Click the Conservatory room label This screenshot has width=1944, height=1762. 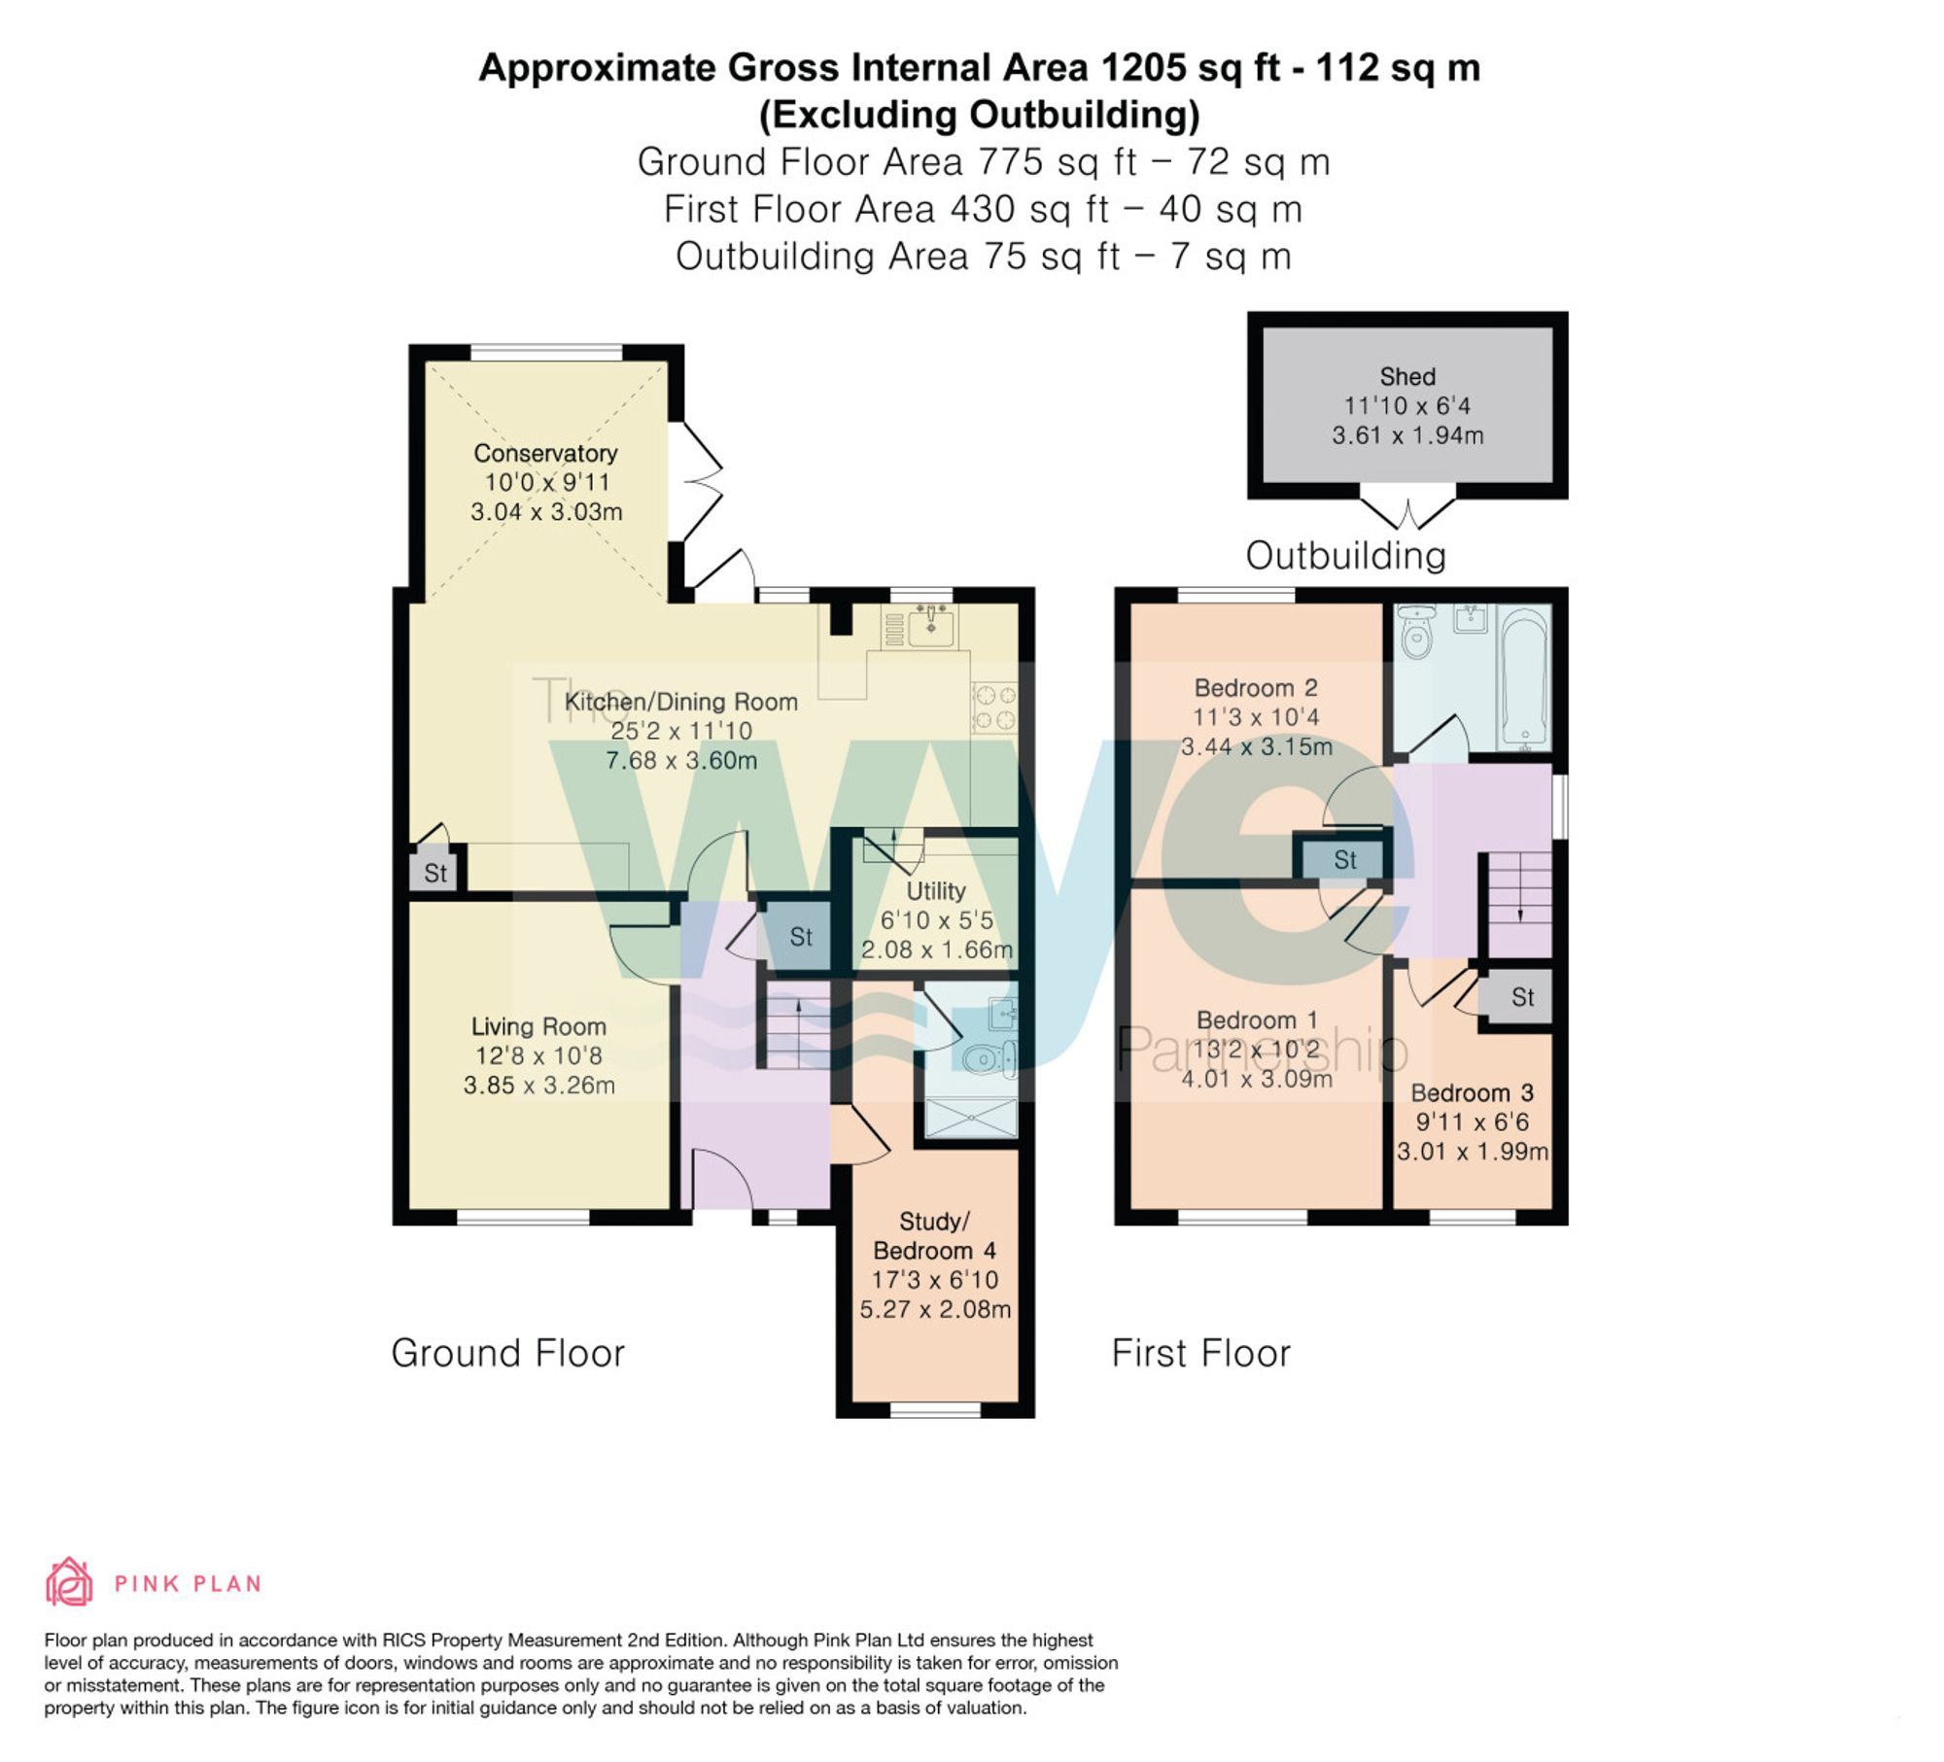[x=545, y=453]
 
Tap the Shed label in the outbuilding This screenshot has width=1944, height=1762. [x=1407, y=376]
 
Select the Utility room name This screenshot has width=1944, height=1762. [x=936, y=891]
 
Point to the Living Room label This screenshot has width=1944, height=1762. [x=538, y=1026]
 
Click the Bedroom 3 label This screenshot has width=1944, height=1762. [x=1472, y=1092]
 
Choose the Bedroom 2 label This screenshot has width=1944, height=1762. [x=1256, y=688]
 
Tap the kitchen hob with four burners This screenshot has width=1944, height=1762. [x=994, y=708]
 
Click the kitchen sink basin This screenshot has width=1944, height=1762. [x=932, y=628]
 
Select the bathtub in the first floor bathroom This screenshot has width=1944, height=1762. [x=1523, y=678]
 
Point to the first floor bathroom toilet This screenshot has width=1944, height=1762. [x=1416, y=632]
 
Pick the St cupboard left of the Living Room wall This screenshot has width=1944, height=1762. [x=435, y=873]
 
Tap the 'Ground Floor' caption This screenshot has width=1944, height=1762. [x=507, y=1353]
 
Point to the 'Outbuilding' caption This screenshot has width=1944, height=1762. [x=1346, y=556]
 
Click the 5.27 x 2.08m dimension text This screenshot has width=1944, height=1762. [x=935, y=1309]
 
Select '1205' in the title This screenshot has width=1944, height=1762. [x=1143, y=68]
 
